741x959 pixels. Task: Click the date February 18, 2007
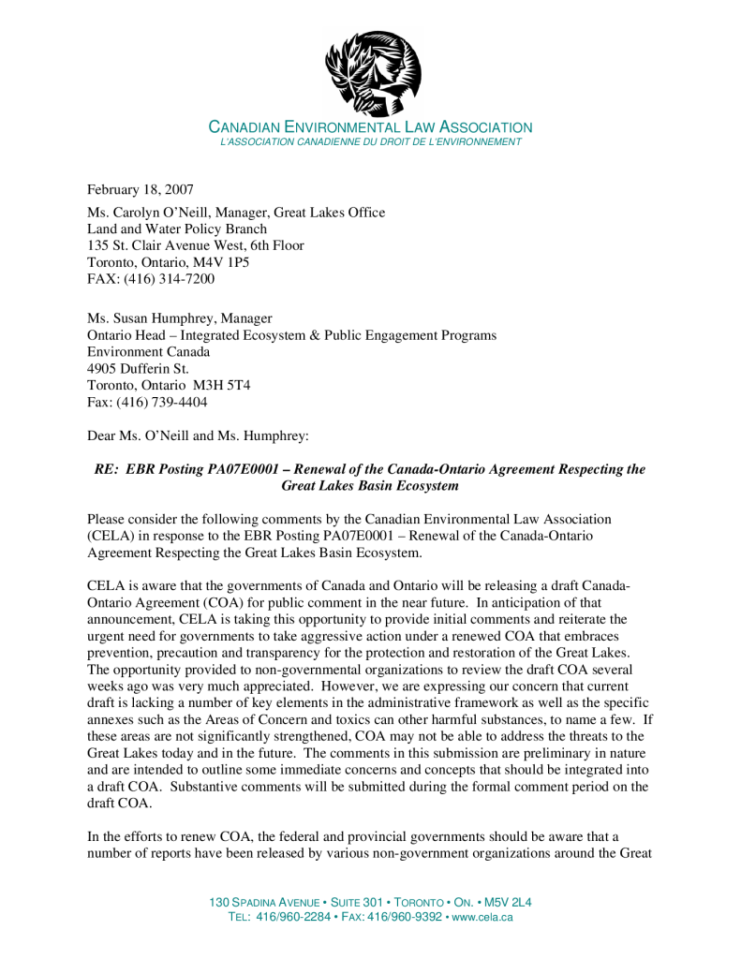pos(141,190)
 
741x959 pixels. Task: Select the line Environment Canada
pos(148,352)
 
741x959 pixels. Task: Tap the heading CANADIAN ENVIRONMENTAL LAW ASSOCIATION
pos(370,127)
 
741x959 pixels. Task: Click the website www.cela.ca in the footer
pos(482,917)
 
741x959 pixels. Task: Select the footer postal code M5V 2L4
pos(507,902)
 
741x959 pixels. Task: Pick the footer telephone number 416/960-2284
pos(293,917)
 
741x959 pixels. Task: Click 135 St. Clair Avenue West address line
pos(195,245)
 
